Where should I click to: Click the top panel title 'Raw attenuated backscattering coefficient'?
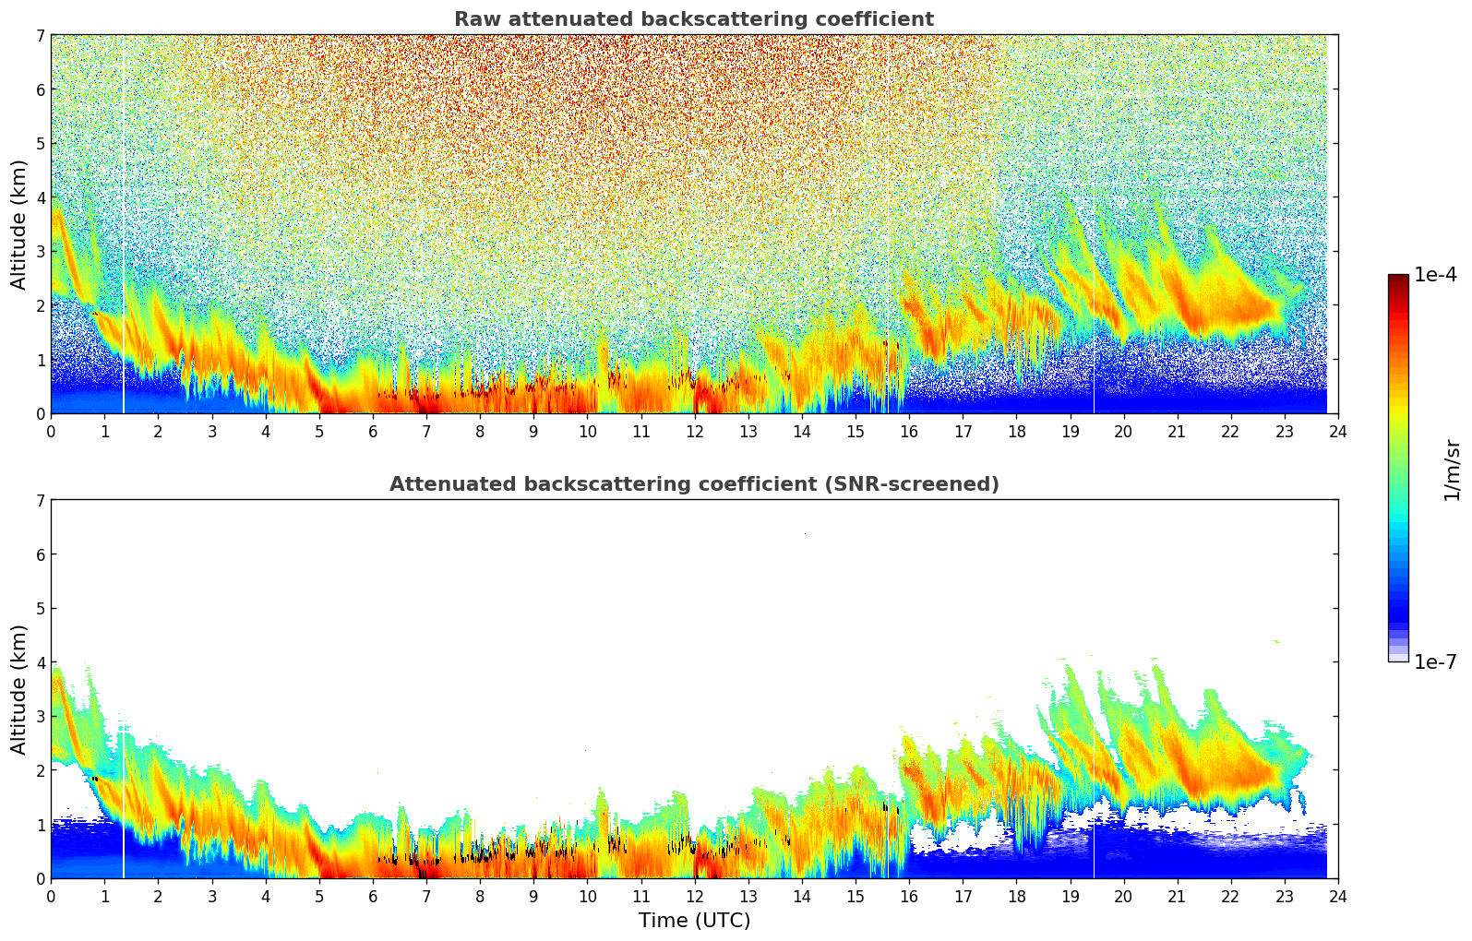click(693, 19)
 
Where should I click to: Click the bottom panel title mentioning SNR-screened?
click(693, 484)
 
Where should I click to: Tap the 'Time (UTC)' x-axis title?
click(694, 920)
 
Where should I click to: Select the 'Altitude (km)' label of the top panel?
click(19, 224)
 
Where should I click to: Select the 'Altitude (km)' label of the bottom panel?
click(19, 689)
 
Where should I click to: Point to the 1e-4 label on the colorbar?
click(1435, 275)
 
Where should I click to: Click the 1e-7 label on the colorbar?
click(1435, 662)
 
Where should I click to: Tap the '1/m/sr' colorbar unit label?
click(1452, 470)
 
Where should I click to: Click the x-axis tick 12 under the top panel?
click(694, 431)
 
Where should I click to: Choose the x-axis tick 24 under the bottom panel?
click(1337, 896)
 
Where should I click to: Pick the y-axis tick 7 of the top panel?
click(40, 35)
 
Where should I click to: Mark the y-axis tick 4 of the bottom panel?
click(40, 662)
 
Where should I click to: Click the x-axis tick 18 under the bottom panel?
click(1016, 896)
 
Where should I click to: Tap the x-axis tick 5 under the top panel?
click(319, 431)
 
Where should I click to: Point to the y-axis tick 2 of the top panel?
click(40, 305)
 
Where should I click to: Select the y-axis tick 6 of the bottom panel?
click(40, 554)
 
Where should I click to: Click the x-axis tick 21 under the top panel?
click(1177, 431)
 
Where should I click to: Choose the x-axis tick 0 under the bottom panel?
click(51, 896)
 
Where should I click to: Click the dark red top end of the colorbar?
click(1397, 279)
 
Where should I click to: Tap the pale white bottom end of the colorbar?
click(1397, 657)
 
